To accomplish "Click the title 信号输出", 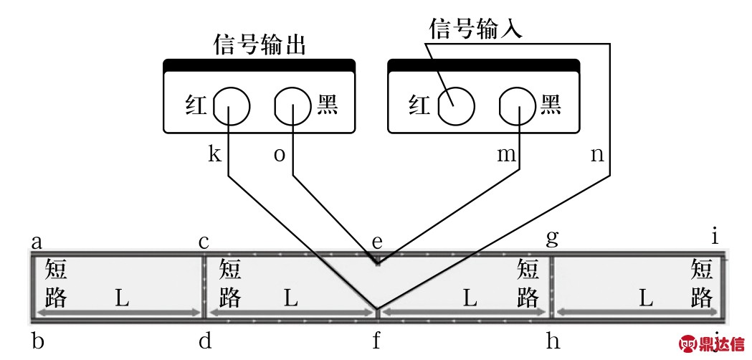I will pyautogui.click(x=260, y=44).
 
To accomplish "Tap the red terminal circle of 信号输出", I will pyautogui.click(x=232, y=107).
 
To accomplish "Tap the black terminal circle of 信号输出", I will pyautogui.click(x=293, y=107).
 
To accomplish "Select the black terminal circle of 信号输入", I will pyautogui.click(x=518, y=107).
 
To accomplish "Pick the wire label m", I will pyautogui.click(x=504, y=155).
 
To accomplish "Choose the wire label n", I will pyautogui.click(x=597, y=155).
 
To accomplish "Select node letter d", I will pyautogui.click(x=205, y=341).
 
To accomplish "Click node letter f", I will pyautogui.click(x=376, y=341).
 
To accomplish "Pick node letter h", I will pyautogui.click(x=553, y=341).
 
